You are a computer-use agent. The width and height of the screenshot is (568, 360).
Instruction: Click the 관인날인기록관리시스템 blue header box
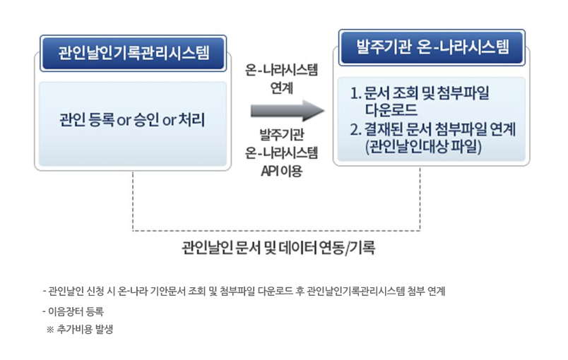[x=133, y=53]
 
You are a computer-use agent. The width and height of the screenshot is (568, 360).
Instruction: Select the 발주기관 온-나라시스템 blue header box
[x=432, y=47]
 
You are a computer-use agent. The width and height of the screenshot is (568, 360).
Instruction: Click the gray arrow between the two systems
[x=288, y=111]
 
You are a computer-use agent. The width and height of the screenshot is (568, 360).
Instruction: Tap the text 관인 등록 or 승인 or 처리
[x=132, y=120]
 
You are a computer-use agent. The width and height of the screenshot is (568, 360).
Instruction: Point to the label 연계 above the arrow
[x=281, y=88]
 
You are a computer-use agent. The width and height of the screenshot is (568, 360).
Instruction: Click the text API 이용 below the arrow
[x=281, y=171]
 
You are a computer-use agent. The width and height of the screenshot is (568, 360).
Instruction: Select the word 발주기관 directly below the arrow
[x=281, y=135]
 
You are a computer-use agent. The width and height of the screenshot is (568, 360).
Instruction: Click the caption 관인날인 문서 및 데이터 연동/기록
[x=278, y=248]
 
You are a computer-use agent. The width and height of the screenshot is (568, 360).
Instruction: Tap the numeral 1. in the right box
[x=356, y=93]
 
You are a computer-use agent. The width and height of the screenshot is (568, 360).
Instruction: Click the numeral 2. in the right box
[x=356, y=129]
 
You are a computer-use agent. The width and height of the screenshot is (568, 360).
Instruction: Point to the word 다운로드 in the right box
[x=391, y=110]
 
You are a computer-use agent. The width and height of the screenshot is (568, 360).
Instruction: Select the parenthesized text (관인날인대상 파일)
[x=423, y=147]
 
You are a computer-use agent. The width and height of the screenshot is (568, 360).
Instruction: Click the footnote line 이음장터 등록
[x=73, y=311]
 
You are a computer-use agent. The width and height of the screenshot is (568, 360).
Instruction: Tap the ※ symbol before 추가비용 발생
[x=50, y=330]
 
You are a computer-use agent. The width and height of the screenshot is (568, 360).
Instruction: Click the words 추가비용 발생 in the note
[x=85, y=329]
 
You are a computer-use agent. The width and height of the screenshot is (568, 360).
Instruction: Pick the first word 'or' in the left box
[x=124, y=121]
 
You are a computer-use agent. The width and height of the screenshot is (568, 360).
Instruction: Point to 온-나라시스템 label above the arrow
[x=281, y=70]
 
